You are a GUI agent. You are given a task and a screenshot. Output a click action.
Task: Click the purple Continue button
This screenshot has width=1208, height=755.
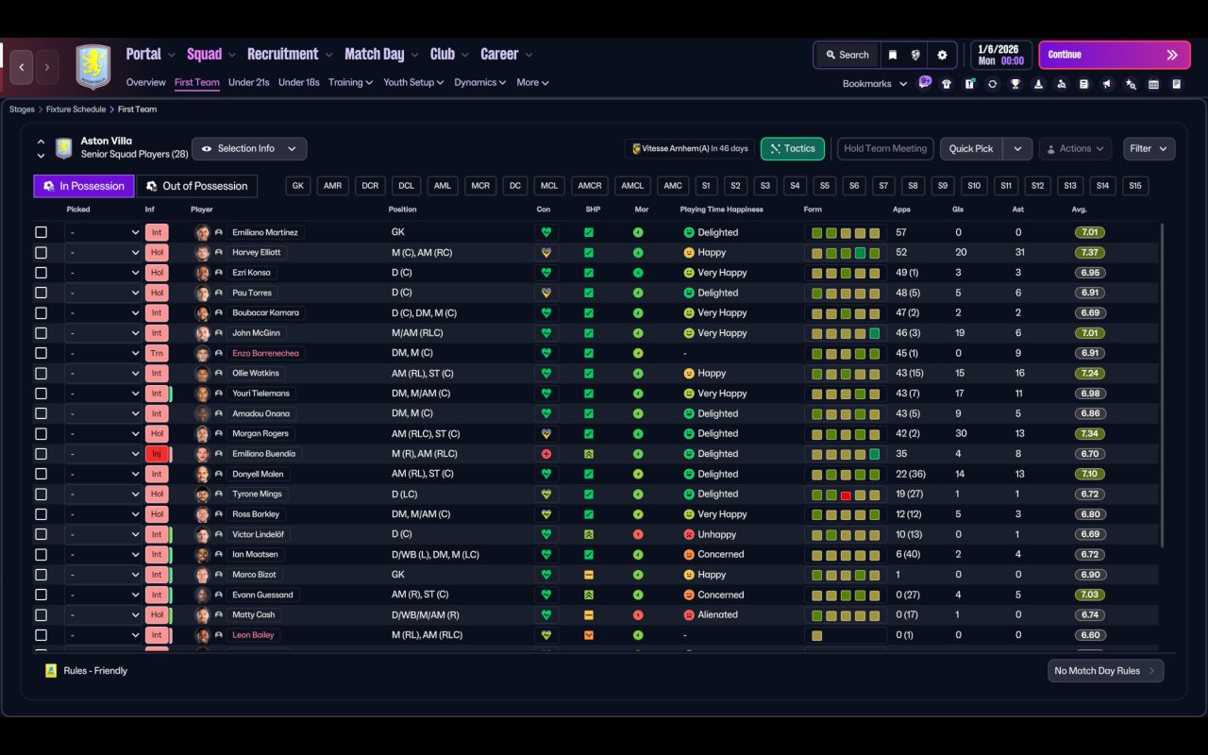click(1115, 55)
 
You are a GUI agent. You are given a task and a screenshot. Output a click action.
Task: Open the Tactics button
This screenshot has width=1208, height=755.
click(792, 149)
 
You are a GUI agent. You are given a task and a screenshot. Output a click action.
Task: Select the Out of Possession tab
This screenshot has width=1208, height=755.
click(197, 186)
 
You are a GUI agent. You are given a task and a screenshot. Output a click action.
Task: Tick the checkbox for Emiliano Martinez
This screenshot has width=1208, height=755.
click(41, 232)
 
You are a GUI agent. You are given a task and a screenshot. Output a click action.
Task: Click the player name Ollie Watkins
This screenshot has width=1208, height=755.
click(256, 373)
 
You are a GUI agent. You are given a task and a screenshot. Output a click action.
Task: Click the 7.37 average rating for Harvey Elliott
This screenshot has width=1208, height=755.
click(1089, 252)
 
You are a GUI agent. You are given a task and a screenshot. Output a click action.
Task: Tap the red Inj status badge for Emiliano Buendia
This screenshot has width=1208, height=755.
click(157, 454)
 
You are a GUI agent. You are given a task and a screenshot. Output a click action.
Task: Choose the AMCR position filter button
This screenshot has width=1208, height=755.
click(590, 186)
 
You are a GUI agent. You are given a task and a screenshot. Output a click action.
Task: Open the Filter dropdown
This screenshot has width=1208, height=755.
click(1149, 149)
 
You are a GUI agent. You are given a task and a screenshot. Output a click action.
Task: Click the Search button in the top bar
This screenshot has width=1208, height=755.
click(847, 55)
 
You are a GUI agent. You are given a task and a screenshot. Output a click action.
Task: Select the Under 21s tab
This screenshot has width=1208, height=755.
click(248, 82)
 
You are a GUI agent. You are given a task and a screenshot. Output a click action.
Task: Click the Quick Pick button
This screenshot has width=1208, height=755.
click(971, 149)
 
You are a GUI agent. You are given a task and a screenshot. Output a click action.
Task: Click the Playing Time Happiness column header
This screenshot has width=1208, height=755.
click(721, 210)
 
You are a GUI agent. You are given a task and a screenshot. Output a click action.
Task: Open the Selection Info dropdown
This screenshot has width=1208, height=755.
click(249, 149)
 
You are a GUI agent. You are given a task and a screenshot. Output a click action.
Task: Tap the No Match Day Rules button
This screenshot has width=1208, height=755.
click(1105, 671)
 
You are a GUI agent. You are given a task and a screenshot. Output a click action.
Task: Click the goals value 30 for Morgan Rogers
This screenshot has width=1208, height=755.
click(961, 433)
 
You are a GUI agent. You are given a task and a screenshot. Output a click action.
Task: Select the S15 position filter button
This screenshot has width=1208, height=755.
click(1135, 186)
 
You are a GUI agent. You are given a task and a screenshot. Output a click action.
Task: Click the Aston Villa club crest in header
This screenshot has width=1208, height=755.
click(93, 66)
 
